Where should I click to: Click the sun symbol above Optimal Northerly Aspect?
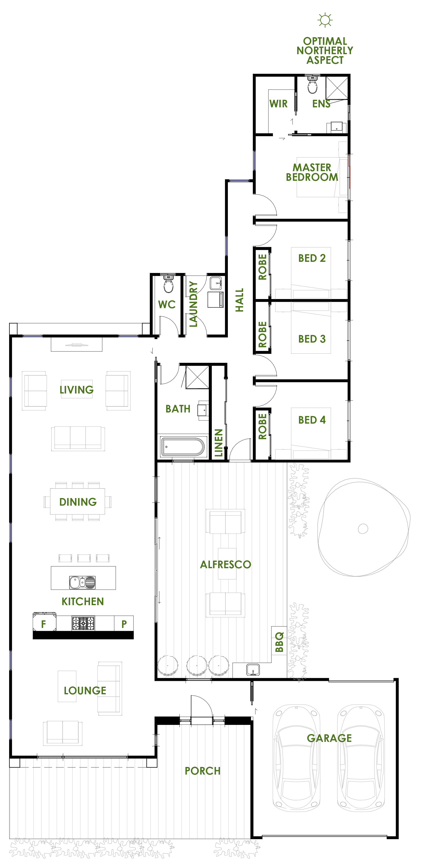[x=325, y=20]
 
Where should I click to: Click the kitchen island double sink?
[x=82, y=582]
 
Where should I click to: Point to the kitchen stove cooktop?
[x=83, y=623]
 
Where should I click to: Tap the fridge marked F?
[x=44, y=623]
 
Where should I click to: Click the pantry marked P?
[x=124, y=624]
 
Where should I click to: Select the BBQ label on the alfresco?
[x=279, y=642]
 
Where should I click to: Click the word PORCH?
[x=203, y=771]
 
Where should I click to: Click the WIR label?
[x=278, y=104]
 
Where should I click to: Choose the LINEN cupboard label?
[x=218, y=443]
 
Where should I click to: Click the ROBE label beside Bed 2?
[x=262, y=267]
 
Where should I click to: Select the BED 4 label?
[x=312, y=420]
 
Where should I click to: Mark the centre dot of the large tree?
[x=363, y=528]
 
